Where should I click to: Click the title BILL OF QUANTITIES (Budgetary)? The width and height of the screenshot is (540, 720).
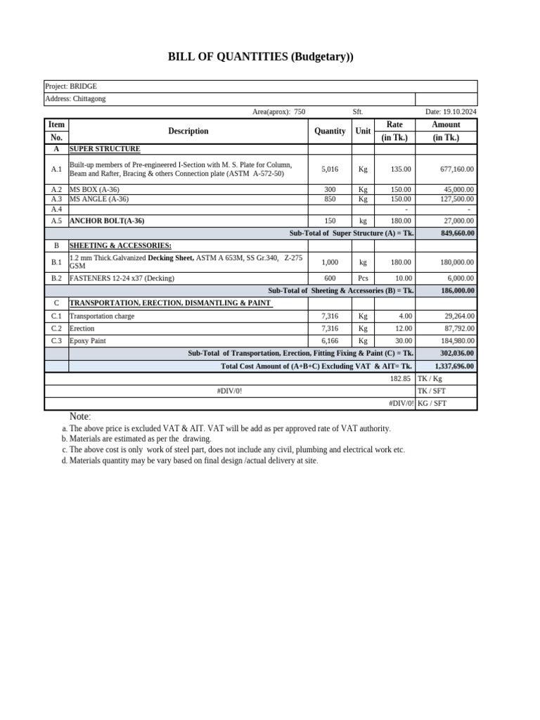click(x=260, y=58)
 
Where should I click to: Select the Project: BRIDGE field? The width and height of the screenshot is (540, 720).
click(x=70, y=86)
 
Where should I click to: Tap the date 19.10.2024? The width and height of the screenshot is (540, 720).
click(x=451, y=112)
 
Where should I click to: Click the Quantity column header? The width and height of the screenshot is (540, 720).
click(x=330, y=131)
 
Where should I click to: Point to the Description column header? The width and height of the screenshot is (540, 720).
click(x=188, y=131)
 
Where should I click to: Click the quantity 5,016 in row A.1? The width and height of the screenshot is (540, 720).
click(x=330, y=169)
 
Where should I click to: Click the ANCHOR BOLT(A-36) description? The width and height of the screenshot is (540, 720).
click(x=107, y=221)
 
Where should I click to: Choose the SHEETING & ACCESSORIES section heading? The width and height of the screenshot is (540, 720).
click(x=120, y=245)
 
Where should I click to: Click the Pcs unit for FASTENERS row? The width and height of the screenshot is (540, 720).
click(x=363, y=278)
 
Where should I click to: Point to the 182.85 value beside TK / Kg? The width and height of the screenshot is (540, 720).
click(x=400, y=379)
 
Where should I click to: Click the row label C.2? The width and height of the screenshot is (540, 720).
click(x=56, y=328)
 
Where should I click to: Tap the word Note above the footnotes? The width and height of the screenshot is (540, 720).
click(x=80, y=417)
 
